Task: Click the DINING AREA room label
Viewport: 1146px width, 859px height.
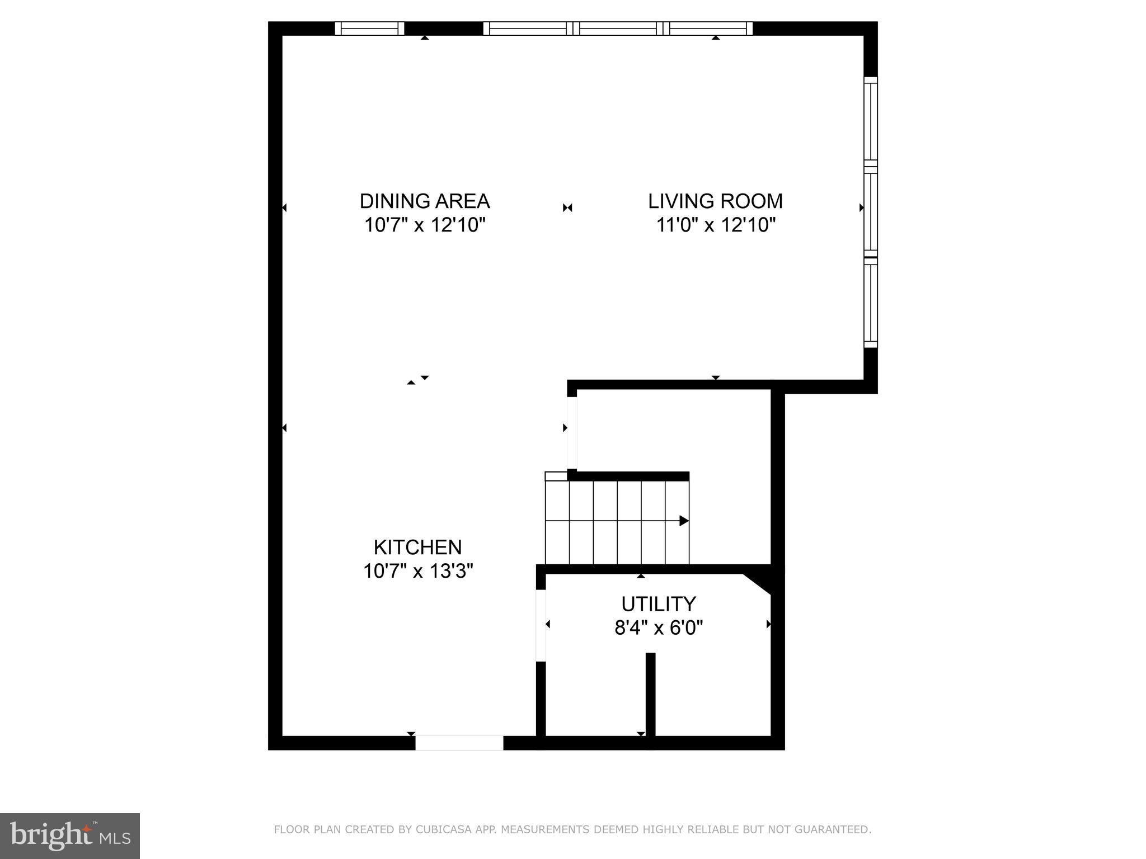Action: coord(424,201)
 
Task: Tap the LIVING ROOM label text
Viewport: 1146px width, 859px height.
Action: coord(715,201)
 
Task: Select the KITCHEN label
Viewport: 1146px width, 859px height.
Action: coord(417,547)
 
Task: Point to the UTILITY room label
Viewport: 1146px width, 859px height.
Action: coord(659,604)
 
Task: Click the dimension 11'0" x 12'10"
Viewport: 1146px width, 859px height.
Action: coord(716,225)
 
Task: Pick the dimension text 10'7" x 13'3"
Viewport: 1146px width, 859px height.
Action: coord(418,572)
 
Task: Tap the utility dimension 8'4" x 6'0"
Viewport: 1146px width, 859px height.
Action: coord(659,628)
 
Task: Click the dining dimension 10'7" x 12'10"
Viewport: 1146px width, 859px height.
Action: coord(424,225)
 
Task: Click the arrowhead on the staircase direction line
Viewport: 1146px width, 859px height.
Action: coord(684,521)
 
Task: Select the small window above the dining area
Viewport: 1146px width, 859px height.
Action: coord(369,29)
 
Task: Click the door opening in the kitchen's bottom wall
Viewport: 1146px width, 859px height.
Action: coord(459,743)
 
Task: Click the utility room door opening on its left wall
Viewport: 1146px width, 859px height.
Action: coord(541,626)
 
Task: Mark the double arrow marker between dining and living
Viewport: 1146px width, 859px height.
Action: coord(567,208)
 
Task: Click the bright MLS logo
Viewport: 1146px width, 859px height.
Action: coord(70,836)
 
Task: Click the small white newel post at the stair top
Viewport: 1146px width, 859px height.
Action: coord(556,476)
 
